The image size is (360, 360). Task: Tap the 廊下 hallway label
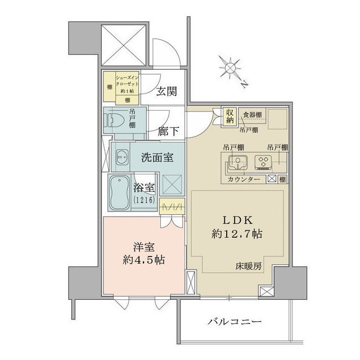168,131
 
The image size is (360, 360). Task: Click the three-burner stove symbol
263,162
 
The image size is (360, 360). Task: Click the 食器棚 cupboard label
252,115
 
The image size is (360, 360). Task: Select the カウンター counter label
244,179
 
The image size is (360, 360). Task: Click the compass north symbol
229,69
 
